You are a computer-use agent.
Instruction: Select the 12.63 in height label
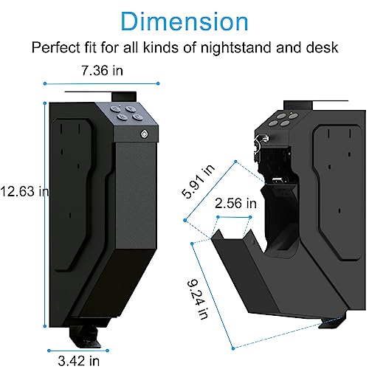(24, 192)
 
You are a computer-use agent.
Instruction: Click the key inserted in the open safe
(258, 148)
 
